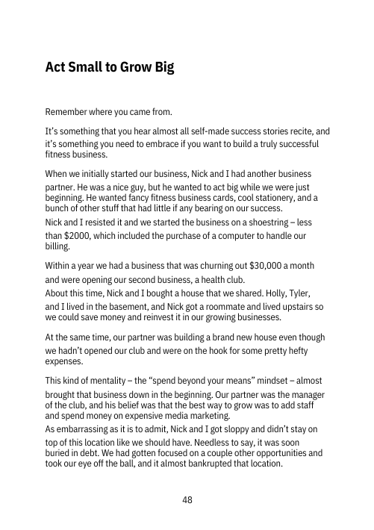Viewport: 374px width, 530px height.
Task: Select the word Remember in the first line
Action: point(69,113)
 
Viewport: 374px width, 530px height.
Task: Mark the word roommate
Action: point(251,305)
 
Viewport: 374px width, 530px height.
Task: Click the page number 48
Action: point(187,499)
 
